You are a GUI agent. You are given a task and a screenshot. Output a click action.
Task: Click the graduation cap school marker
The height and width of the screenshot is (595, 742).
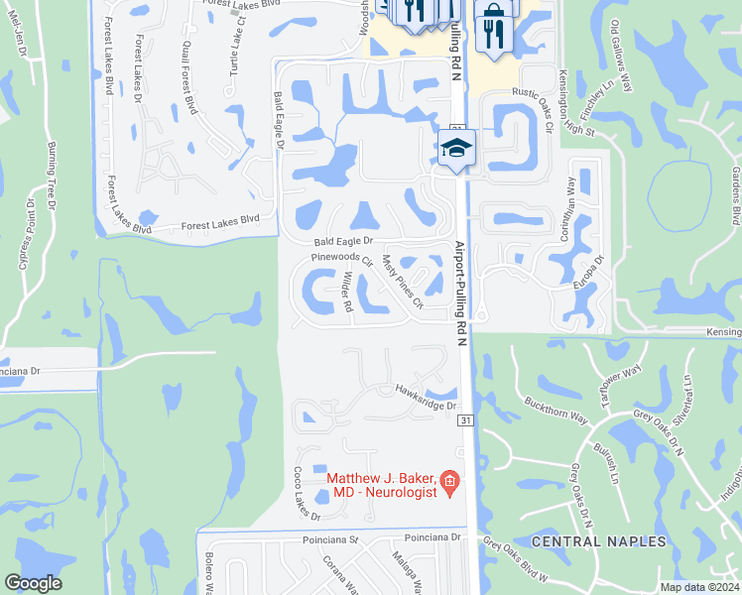point(456,149)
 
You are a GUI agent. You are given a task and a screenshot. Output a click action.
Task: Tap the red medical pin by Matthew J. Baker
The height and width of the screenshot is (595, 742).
point(449,483)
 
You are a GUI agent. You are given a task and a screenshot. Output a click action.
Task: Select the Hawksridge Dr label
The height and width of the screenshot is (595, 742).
point(425,398)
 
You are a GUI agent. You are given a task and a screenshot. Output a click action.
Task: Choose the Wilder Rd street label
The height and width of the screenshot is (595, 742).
point(346,293)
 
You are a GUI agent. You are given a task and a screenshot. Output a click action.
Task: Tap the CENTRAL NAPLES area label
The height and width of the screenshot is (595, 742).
point(593,542)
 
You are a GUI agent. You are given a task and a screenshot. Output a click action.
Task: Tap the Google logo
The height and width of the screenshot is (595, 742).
point(34,583)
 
